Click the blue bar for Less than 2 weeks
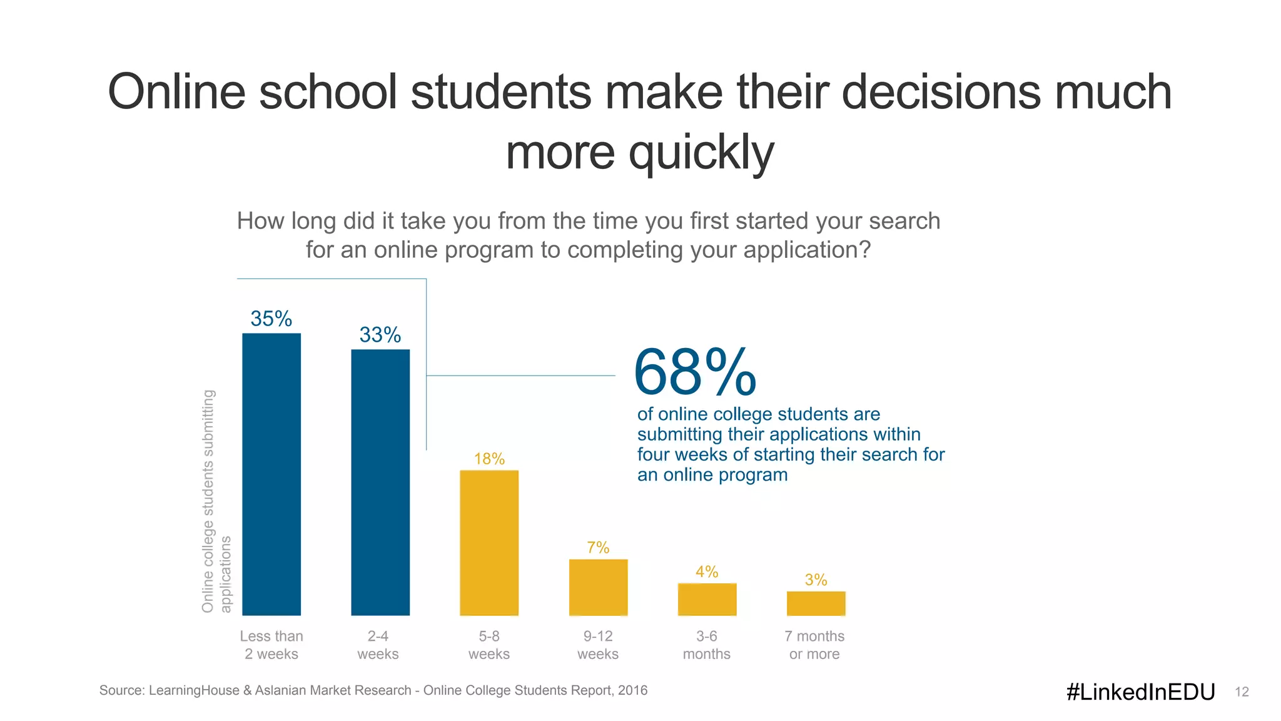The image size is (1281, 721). (x=271, y=474)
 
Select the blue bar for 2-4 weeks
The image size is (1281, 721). (x=380, y=482)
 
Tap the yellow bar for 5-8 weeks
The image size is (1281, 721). (x=489, y=543)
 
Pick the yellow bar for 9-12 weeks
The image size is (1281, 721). (x=598, y=587)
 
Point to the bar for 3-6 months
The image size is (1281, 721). (x=707, y=599)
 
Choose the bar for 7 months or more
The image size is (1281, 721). (x=816, y=603)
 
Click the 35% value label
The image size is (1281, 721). (x=271, y=319)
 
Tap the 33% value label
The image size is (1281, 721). (x=380, y=335)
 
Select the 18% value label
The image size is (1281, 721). (x=489, y=459)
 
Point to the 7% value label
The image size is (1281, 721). (x=598, y=548)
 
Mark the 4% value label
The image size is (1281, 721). (x=707, y=571)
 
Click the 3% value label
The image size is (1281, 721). (x=816, y=580)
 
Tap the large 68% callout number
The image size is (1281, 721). (x=694, y=373)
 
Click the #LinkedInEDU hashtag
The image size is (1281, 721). (x=1140, y=692)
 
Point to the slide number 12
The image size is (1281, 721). (x=1242, y=692)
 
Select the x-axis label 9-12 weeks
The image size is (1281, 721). (x=598, y=645)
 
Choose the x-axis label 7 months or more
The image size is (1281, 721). (x=814, y=645)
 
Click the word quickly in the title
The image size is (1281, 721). (x=701, y=152)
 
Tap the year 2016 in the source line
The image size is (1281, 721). (x=632, y=690)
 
